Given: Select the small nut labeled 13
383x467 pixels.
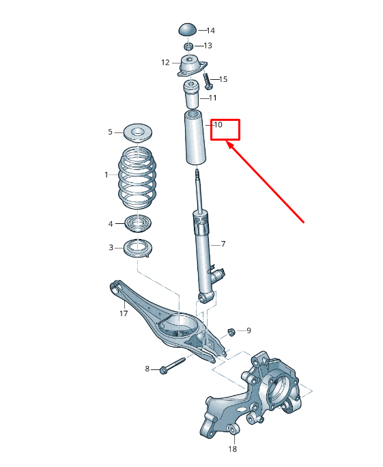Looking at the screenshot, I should coord(188,46).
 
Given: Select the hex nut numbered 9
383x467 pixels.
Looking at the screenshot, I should coord(231,331).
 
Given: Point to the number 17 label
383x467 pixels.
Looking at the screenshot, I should coord(124,315).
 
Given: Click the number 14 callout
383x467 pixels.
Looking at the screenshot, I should coord(210,31).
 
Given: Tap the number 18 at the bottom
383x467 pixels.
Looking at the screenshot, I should coord(232,449).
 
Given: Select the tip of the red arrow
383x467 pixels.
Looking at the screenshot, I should coord(228,143).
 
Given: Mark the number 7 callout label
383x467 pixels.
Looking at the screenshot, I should coord(223,244).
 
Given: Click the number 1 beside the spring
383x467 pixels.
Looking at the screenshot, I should coord(107,175).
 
